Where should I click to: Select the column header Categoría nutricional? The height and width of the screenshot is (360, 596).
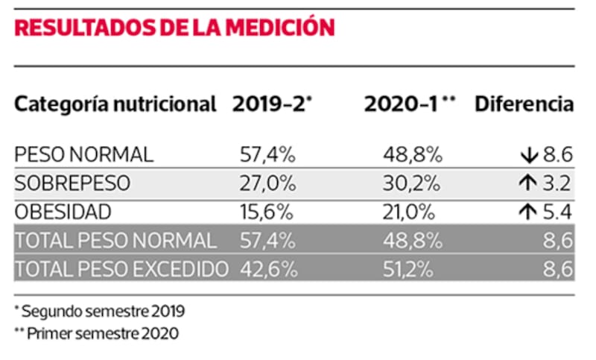tap(115, 104)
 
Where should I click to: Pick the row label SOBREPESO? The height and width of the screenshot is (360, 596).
tap(72, 183)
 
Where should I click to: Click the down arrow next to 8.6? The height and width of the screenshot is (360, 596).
tap(528, 155)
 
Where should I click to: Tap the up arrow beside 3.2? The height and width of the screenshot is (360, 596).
tap(528, 183)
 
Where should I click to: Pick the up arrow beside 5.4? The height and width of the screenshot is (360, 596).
tap(528, 212)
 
